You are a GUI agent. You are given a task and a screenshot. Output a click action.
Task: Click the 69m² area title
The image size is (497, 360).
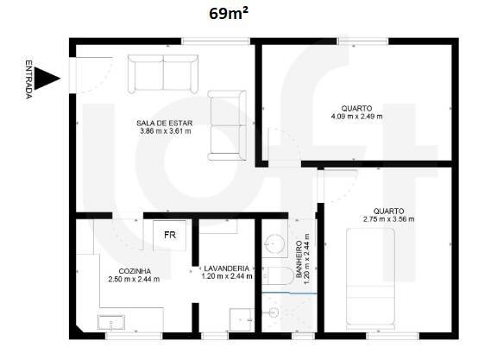[x=229, y=13]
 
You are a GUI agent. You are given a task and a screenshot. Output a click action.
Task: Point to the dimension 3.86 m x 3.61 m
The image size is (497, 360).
[x=165, y=131]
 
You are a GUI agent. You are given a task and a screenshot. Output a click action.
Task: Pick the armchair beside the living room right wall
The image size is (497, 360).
[x=228, y=125]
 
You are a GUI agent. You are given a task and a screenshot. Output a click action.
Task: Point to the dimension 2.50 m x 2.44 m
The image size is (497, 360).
[x=134, y=279]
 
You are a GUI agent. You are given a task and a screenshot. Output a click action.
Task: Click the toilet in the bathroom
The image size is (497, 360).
[x=278, y=277]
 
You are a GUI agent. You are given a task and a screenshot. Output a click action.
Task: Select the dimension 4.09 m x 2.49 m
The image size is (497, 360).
[x=356, y=117]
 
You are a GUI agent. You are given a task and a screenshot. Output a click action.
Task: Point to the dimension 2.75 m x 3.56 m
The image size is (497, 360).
[x=388, y=219]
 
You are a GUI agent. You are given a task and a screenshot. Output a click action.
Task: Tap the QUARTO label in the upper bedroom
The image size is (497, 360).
[x=356, y=108]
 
